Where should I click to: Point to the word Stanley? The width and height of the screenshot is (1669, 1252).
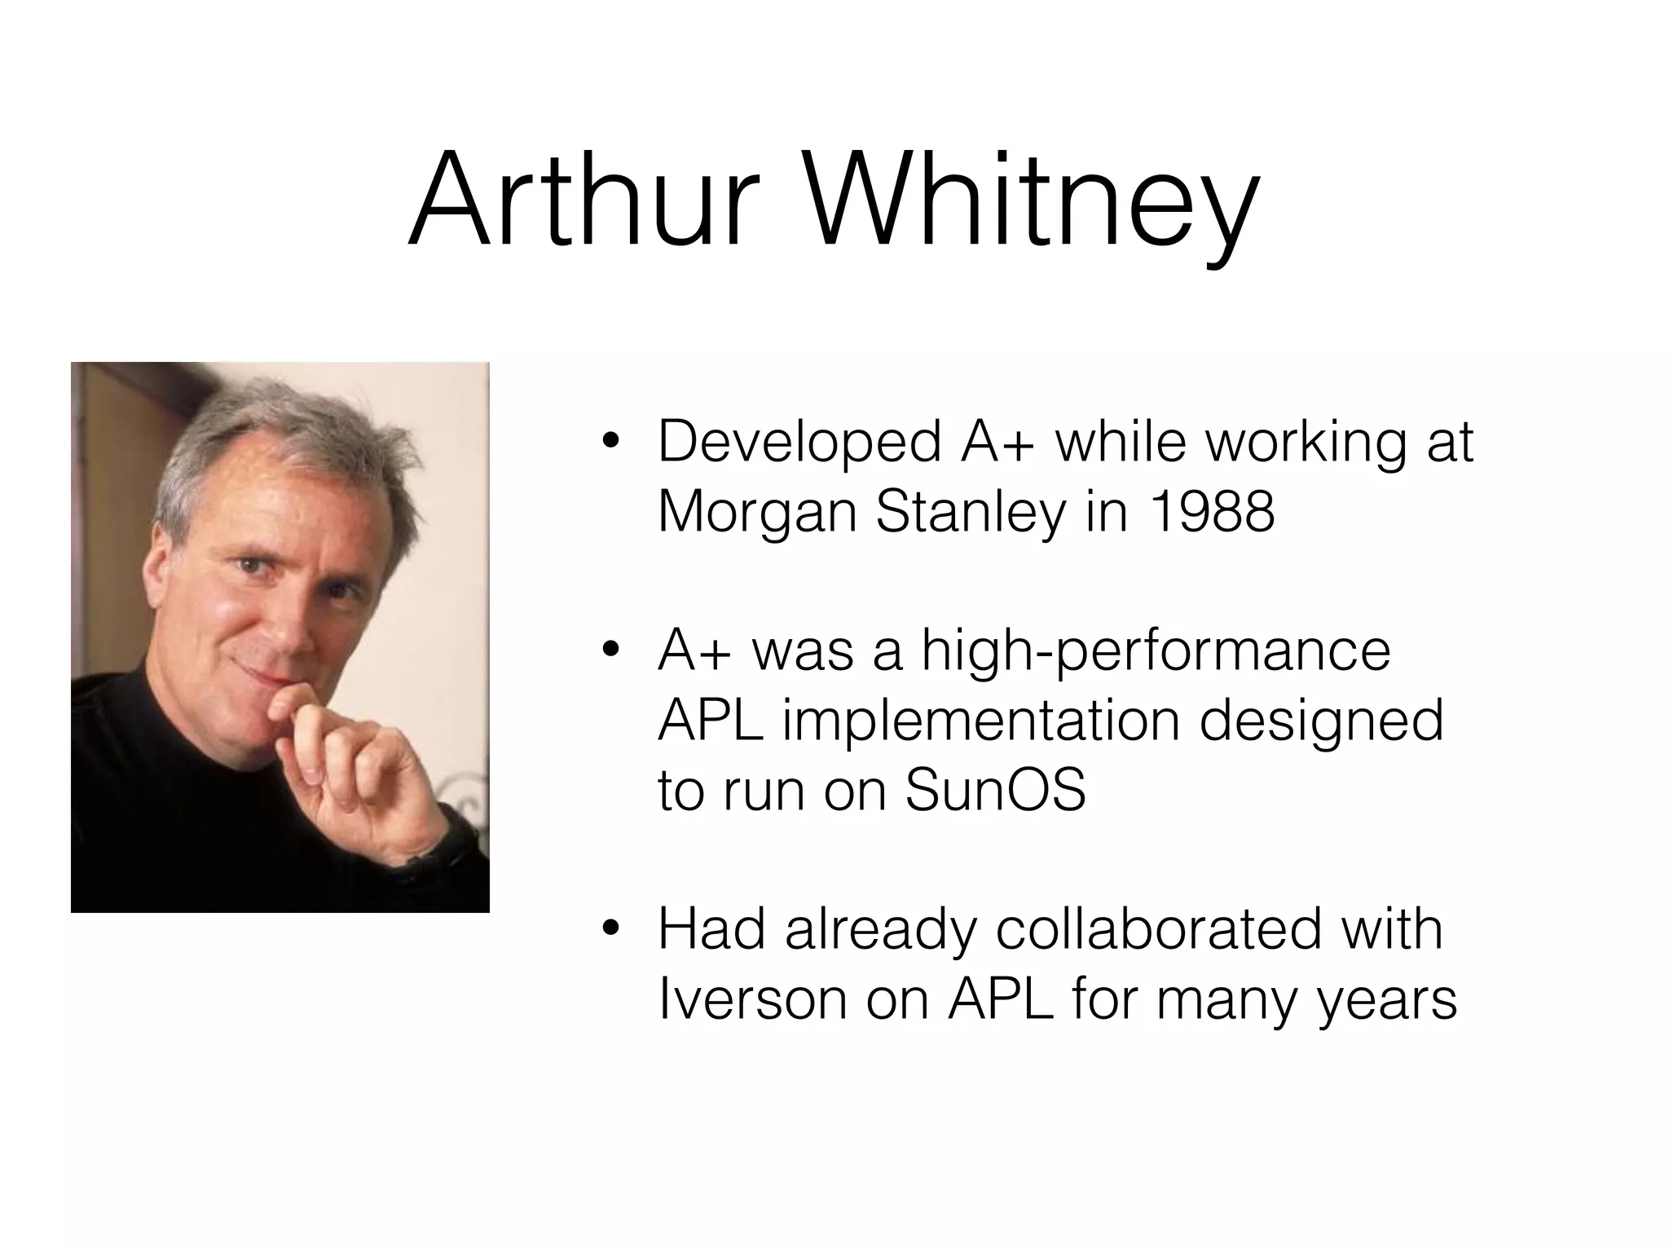pos(970,514)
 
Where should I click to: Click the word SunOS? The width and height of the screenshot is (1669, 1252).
pos(995,790)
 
